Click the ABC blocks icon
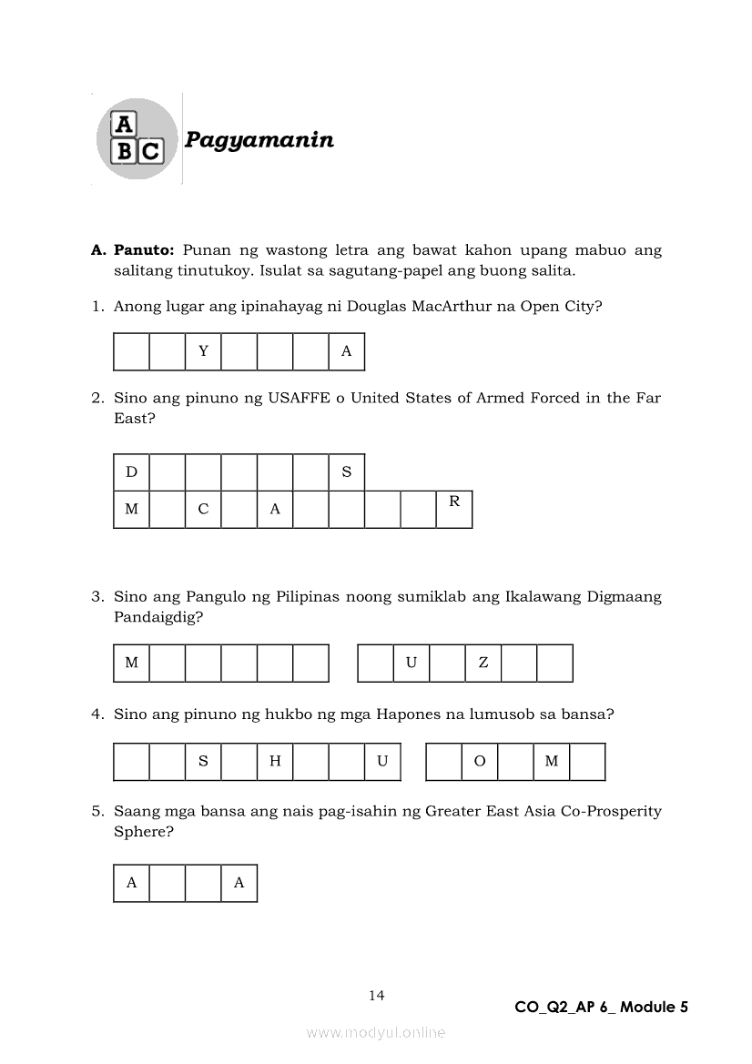(137, 138)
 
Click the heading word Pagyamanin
(259, 140)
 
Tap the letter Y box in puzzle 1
(203, 352)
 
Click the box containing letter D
(131, 471)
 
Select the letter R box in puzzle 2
(454, 509)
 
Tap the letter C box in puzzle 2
(203, 509)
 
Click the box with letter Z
(483, 663)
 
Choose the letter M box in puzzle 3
(131, 663)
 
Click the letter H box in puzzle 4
(275, 762)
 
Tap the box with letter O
(480, 762)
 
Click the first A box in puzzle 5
(131, 883)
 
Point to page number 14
(377, 996)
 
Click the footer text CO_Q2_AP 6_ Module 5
(601, 1007)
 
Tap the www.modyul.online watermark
(376, 1032)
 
